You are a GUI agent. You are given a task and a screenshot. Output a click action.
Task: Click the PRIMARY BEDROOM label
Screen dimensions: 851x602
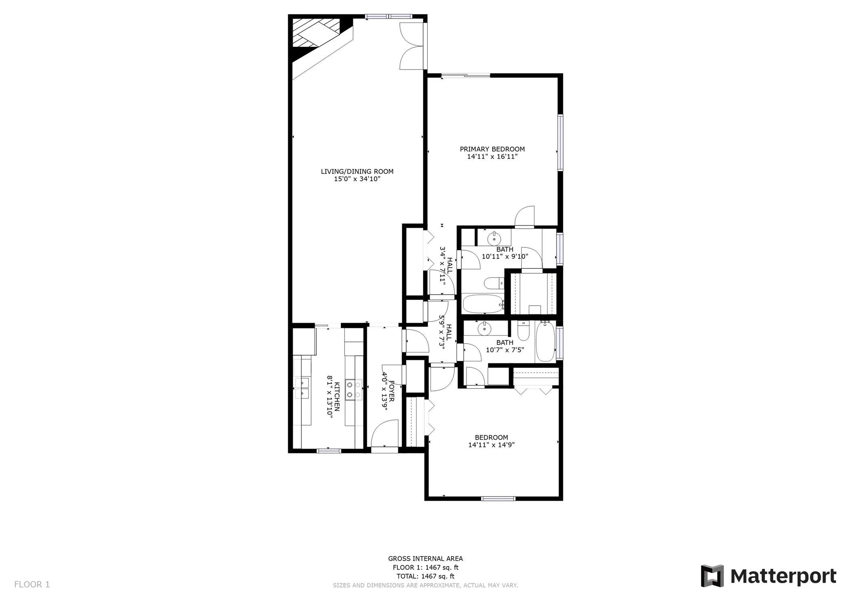(x=492, y=149)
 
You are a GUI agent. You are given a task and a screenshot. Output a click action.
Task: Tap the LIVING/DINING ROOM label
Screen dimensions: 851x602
(x=357, y=172)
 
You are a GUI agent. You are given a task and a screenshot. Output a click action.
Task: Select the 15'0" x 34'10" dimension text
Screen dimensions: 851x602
(x=357, y=179)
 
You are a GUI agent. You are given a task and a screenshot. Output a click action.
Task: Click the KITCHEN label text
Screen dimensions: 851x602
(x=337, y=396)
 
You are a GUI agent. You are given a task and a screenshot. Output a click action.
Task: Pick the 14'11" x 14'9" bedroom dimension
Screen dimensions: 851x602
(x=491, y=445)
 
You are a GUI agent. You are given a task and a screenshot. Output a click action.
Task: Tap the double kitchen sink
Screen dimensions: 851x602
(x=302, y=388)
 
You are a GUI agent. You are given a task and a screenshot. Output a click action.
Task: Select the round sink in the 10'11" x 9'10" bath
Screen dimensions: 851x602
(x=494, y=239)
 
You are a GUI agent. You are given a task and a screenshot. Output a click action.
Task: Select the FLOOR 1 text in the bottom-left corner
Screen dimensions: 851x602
(x=32, y=584)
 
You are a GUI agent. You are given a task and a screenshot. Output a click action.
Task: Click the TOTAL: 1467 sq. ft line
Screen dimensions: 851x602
(x=425, y=576)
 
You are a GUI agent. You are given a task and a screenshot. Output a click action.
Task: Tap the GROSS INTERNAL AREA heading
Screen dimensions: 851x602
(x=425, y=559)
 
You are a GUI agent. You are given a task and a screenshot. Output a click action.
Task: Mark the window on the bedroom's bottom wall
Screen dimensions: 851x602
(x=498, y=498)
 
